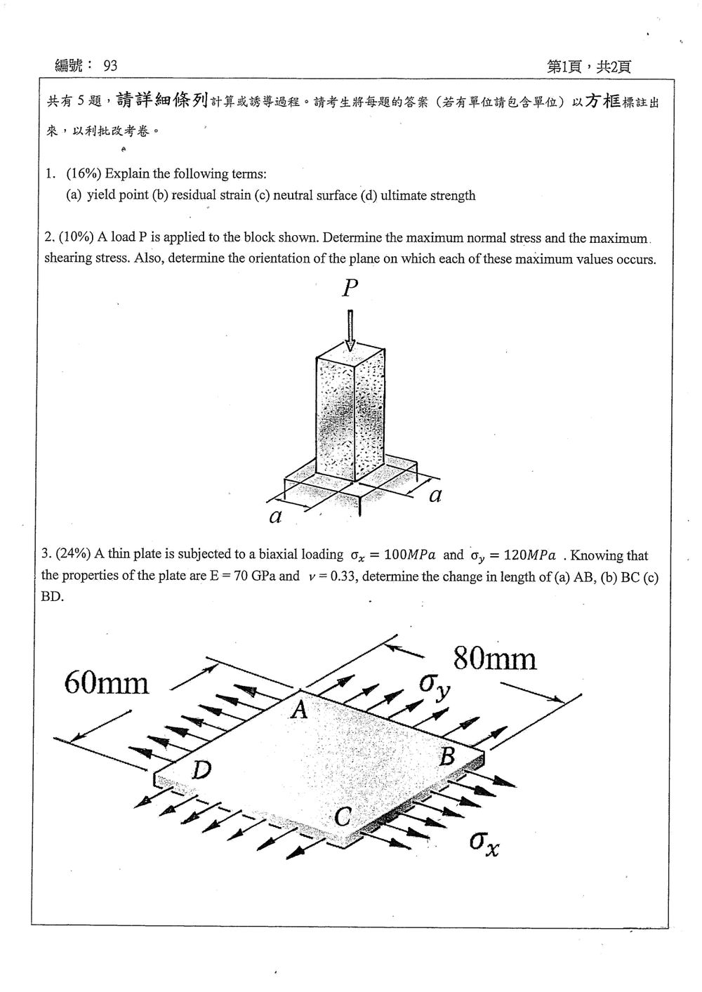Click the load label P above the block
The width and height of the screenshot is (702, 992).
click(350, 289)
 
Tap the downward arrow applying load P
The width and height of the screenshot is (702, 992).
click(350, 330)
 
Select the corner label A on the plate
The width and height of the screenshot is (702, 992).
click(300, 710)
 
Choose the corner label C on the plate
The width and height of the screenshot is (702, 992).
click(343, 817)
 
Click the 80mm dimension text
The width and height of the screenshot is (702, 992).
click(495, 659)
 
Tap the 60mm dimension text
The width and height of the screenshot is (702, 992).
click(106, 682)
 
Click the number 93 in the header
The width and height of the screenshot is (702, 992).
click(110, 65)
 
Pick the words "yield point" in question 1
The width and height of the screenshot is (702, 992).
click(117, 195)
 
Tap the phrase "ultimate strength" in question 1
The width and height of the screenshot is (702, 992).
click(428, 195)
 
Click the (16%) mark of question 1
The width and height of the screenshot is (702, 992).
click(84, 173)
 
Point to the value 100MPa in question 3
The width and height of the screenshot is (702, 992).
click(410, 555)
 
